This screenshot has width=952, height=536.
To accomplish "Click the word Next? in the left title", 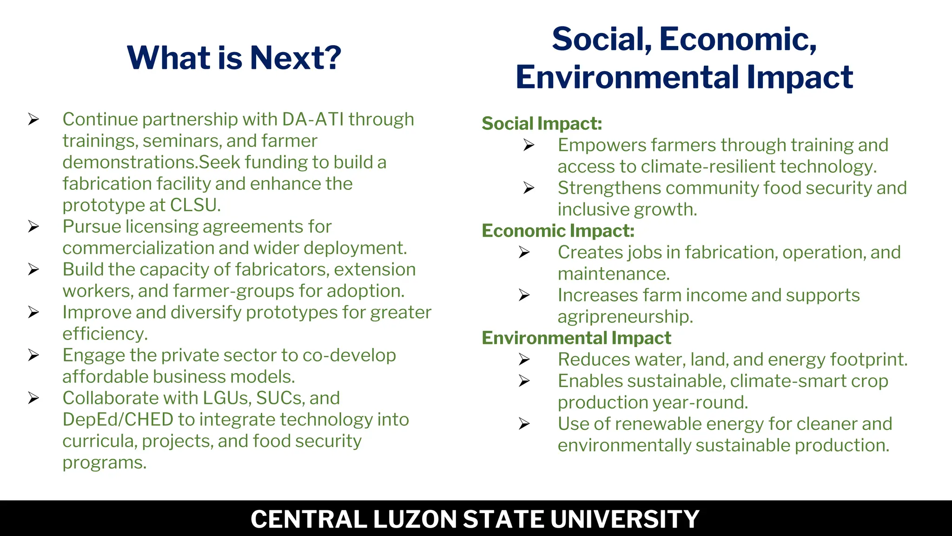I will [x=295, y=58].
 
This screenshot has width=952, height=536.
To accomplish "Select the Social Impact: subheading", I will [x=542, y=124].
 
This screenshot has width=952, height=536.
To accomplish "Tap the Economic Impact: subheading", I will [x=558, y=231].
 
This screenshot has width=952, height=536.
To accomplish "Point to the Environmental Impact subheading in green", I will [x=576, y=338].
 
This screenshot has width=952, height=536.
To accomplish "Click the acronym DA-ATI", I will [x=312, y=120].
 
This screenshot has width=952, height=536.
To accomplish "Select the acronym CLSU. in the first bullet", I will [x=195, y=205].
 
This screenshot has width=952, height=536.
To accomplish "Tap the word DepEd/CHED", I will [x=118, y=420].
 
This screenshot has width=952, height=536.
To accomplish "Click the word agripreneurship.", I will [x=625, y=317].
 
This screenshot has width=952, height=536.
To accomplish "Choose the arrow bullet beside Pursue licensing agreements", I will [x=33, y=227].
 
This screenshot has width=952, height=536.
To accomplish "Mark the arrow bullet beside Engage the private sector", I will [x=33, y=355].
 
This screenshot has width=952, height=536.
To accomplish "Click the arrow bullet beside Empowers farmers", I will [x=529, y=145].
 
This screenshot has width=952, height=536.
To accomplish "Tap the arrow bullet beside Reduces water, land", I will [x=524, y=360].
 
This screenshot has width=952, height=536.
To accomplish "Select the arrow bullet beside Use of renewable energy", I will [x=524, y=424].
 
